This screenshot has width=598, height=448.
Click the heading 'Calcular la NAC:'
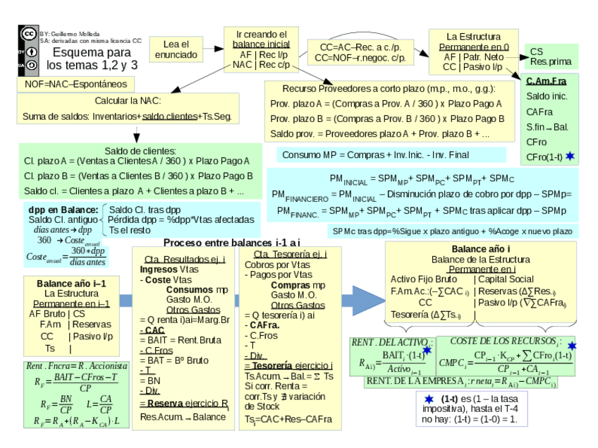(x=128, y=101)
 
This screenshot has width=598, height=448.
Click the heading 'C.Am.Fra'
(x=546, y=81)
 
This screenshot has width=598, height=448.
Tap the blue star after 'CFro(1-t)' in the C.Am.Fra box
(x=570, y=155)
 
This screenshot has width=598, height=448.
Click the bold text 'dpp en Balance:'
(x=63, y=210)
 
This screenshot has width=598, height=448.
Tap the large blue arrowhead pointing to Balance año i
(x=365, y=301)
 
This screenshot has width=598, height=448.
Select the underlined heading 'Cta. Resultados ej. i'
(x=185, y=259)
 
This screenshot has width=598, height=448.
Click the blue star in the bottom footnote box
(x=429, y=399)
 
